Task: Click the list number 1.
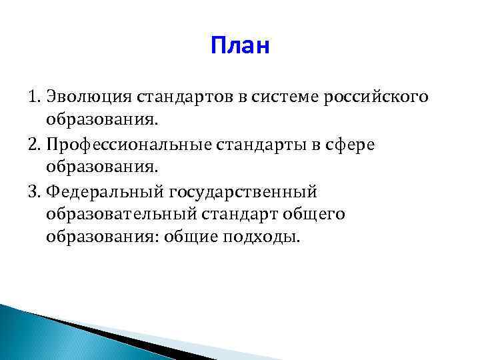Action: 34,97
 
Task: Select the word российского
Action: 375,98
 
